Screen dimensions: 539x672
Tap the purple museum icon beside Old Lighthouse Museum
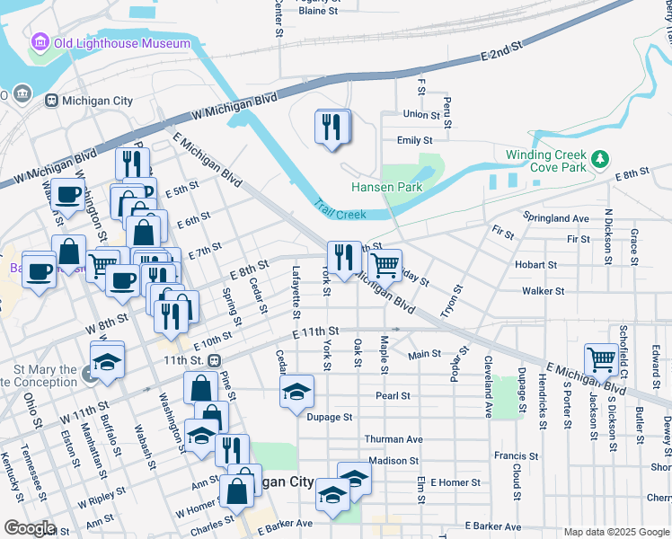(x=40, y=42)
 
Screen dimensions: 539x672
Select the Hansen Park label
(x=386, y=188)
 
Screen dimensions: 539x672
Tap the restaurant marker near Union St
(x=332, y=128)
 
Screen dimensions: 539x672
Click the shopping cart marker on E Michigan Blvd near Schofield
(x=601, y=359)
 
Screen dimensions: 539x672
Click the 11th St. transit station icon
(x=214, y=360)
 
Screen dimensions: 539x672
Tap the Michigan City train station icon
(x=51, y=101)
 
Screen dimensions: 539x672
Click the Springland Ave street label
(x=557, y=218)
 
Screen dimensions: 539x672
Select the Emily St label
(x=415, y=140)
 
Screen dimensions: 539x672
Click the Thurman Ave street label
(x=393, y=439)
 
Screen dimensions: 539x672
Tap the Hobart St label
(x=536, y=265)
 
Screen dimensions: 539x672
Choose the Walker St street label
(x=543, y=291)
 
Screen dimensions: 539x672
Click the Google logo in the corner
(x=30, y=528)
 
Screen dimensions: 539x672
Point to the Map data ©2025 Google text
(x=615, y=532)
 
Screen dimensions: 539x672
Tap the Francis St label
(x=516, y=455)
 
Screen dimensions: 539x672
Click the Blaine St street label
(x=318, y=12)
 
